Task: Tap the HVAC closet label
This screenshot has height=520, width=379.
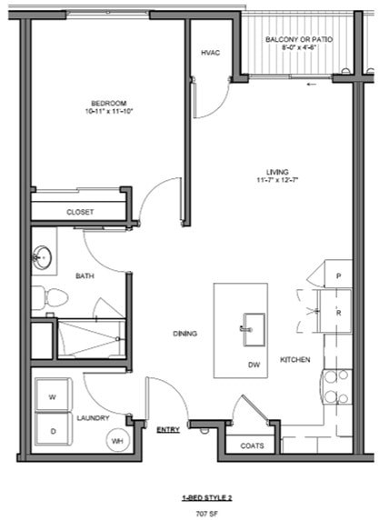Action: tap(211, 53)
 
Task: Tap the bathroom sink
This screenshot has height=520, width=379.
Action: tap(42, 257)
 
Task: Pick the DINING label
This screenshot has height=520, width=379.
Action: tap(185, 334)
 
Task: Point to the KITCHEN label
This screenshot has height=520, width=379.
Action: tap(295, 360)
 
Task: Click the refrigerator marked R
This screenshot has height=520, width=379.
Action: tap(338, 312)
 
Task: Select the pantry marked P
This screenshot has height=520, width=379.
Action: tap(338, 275)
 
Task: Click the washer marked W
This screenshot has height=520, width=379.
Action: tap(52, 396)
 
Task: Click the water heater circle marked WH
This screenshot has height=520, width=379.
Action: tap(117, 441)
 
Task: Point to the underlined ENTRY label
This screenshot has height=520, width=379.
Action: tap(167, 429)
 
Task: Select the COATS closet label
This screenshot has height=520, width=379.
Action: tap(252, 446)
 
